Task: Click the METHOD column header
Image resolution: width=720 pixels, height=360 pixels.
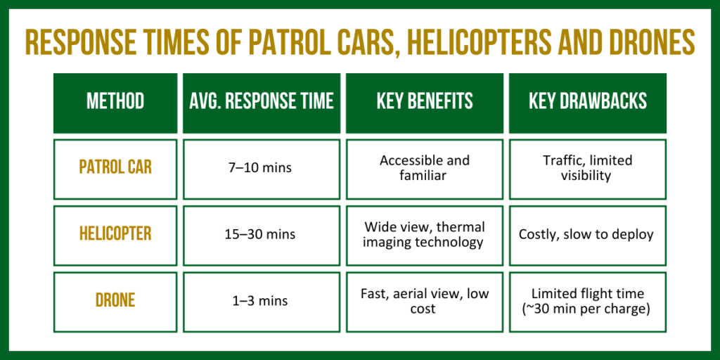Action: [115, 103]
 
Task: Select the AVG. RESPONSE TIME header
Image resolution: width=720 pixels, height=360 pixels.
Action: [262, 103]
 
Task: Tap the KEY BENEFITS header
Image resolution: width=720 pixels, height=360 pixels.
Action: [424, 103]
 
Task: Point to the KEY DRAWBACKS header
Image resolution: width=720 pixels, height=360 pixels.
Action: [588, 103]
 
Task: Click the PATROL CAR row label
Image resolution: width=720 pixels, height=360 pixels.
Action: [115, 169]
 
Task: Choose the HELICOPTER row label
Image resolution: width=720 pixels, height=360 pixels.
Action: [115, 236]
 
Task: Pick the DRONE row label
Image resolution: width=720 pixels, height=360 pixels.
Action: [115, 302]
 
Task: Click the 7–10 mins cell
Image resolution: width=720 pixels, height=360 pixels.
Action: [262, 169]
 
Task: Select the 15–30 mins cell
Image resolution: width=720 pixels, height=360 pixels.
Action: [262, 236]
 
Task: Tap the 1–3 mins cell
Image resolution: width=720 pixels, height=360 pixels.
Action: [262, 302]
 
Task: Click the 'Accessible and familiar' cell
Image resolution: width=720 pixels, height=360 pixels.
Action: [424, 169]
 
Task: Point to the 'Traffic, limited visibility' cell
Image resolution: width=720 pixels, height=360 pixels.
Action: [588, 169]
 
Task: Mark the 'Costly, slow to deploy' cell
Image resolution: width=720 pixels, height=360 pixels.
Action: [588, 236]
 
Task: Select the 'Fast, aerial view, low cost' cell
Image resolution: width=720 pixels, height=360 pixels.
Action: [424, 302]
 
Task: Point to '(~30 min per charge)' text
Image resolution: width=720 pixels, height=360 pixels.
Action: [588, 310]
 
